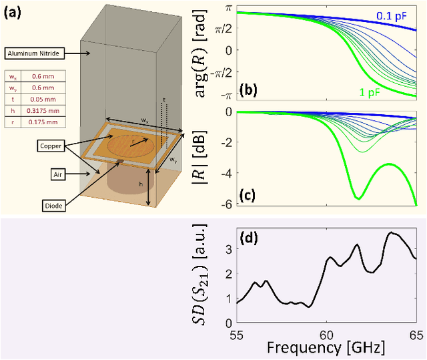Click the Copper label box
click(x=52, y=144)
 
